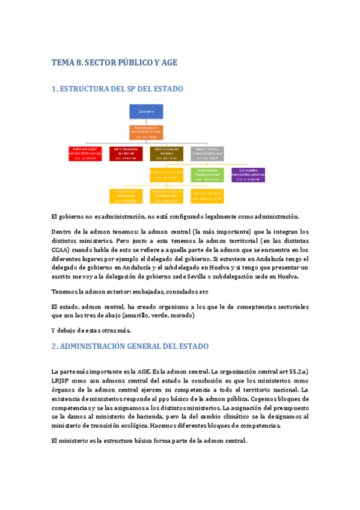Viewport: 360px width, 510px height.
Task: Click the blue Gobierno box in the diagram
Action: coord(146,112)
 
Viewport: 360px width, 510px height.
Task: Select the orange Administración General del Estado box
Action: coord(146,132)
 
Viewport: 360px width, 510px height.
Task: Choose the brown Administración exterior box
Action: coord(166,153)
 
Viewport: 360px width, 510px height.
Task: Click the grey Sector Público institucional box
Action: coord(207,153)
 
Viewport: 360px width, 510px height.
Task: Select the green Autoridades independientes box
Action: coord(207,174)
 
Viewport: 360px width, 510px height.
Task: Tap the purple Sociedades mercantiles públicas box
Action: coord(248,174)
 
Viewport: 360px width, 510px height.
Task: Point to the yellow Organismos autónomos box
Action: coord(126,195)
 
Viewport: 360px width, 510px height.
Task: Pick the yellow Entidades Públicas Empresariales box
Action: coord(166,195)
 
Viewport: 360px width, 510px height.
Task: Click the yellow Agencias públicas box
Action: coord(207,195)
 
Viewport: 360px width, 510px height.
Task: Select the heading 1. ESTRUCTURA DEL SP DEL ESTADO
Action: coord(117,89)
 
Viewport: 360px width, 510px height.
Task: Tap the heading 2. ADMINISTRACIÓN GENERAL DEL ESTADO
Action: coord(130,346)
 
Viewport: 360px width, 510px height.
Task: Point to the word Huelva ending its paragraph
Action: coord(294,277)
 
